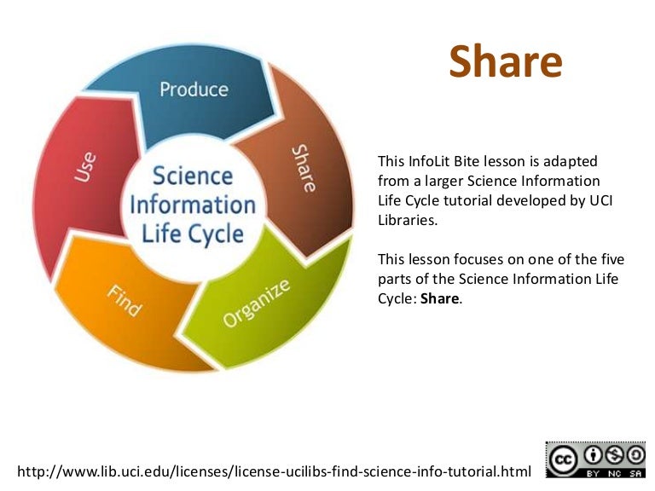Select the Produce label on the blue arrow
click(194, 89)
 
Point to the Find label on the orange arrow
click(124, 301)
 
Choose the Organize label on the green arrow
click(257, 304)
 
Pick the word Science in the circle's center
click(192, 176)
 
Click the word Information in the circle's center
click(192, 205)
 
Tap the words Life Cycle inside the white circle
click(192, 234)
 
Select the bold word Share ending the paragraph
click(440, 299)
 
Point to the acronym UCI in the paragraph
click(600, 200)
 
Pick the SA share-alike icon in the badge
click(636, 453)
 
